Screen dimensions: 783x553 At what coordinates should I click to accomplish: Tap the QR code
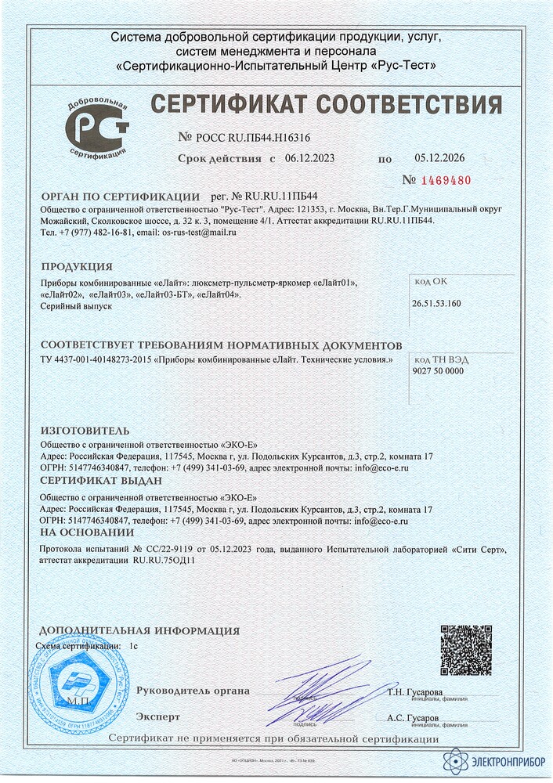[x=465, y=650]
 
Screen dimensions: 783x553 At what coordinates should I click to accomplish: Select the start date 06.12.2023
[x=309, y=158]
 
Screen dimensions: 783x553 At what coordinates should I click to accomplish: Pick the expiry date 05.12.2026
[x=439, y=158]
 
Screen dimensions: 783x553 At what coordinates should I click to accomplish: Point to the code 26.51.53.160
[x=436, y=302]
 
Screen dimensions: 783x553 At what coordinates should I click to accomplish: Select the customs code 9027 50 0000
[x=438, y=371]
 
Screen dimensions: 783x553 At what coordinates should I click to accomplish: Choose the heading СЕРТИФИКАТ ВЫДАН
[x=101, y=480]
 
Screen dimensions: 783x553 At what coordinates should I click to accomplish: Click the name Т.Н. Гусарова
[x=414, y=693]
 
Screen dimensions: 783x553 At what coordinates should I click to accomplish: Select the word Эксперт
[x=158, y=716]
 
